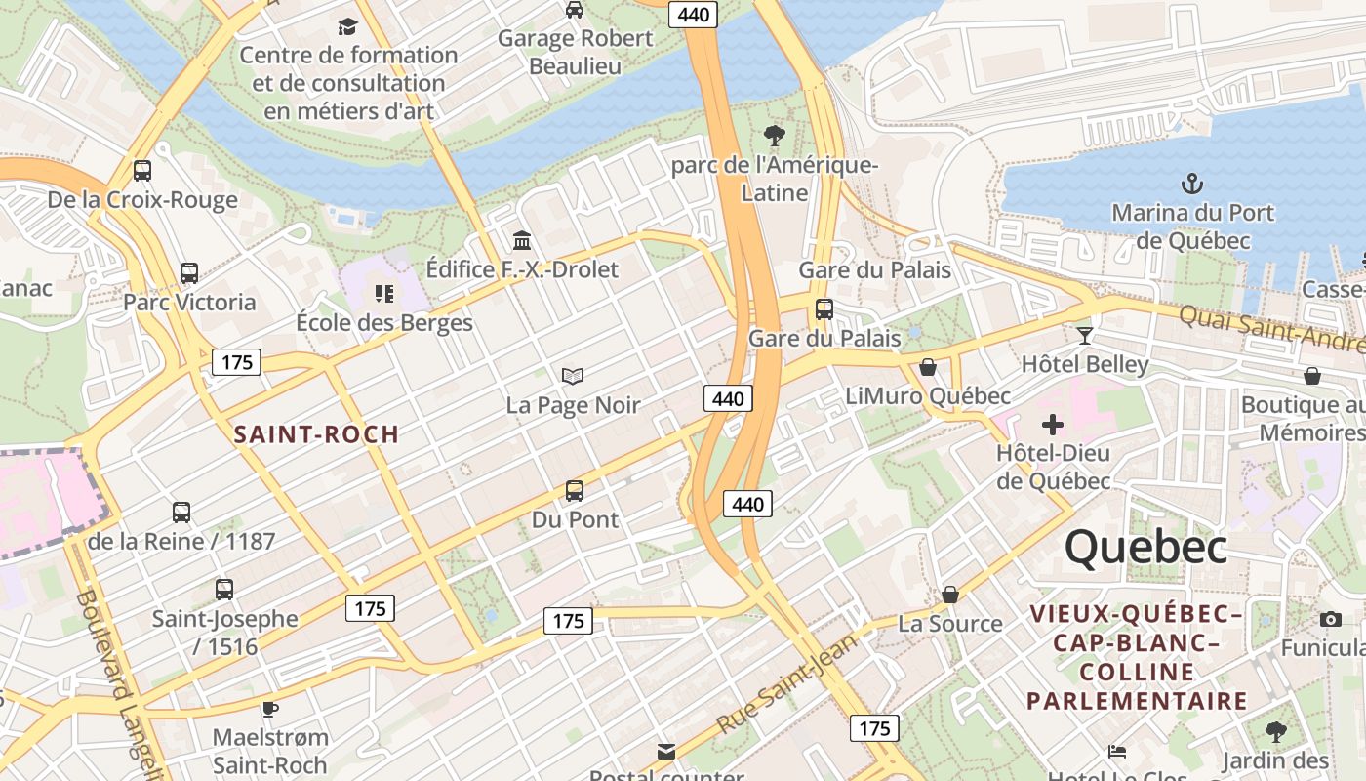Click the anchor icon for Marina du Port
[1191, 183]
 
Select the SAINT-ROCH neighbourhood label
[317, 434]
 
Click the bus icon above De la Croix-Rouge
[142, 171]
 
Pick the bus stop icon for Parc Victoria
[189, 273]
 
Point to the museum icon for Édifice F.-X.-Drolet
[522, 240]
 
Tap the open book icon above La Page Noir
[573, 376]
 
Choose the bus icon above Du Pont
[575, 491]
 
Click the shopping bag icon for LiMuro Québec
[928, 367]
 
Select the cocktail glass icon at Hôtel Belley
[1084, 336]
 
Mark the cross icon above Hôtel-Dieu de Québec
[1053, 425]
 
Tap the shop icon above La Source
[949, 595]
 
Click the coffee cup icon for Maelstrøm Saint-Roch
[270, 708]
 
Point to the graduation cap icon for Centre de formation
[348, 26]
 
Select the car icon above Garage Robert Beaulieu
[575, 10]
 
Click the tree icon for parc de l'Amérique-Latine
[775, 135]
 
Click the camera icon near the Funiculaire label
[1330, 619]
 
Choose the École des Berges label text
[384, 323]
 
